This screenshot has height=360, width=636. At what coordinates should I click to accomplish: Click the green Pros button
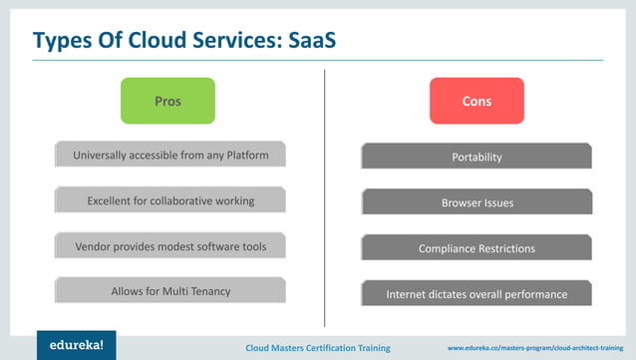click(167, 101)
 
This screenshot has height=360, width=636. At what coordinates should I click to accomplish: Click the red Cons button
click(477, 101)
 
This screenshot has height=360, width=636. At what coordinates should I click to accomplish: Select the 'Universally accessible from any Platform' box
click(170, 156)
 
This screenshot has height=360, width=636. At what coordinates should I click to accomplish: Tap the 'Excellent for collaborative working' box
click(170, 200)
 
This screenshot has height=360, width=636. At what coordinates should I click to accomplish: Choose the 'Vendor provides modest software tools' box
click(170, 245)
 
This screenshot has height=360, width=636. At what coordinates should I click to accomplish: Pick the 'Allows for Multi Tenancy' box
click(170, 291)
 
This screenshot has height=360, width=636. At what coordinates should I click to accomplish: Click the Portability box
click(477, 157)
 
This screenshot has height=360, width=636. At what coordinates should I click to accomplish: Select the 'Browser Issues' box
click(477, 202)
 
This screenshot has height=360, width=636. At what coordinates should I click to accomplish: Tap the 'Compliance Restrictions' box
click(477, 248)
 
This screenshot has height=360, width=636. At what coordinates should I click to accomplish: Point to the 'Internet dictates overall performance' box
click(477, 294)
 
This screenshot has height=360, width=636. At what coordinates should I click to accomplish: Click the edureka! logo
click(76, 345)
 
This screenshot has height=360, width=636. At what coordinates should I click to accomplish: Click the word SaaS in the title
click(317, 41)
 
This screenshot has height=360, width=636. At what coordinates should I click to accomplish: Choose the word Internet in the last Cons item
click(409, 294)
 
